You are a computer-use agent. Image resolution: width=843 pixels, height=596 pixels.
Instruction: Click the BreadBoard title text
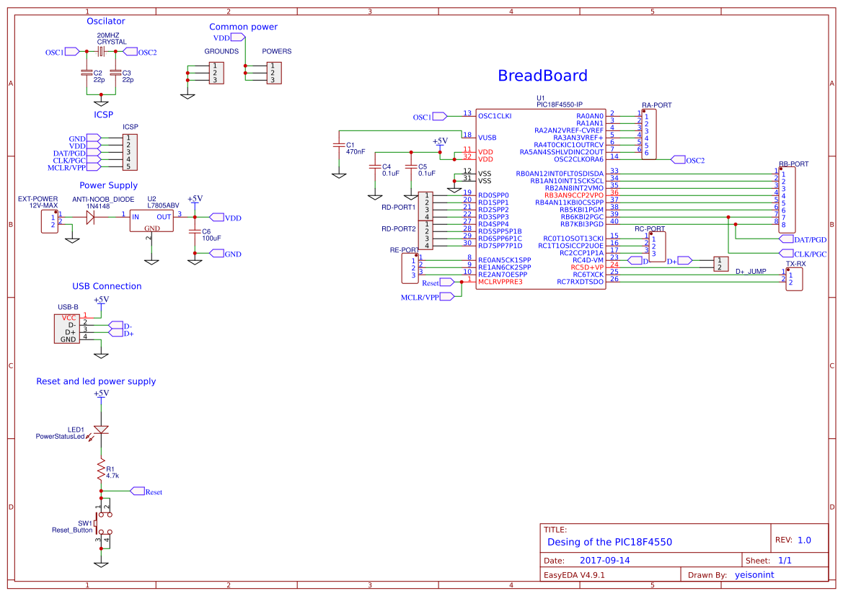pos(542,76)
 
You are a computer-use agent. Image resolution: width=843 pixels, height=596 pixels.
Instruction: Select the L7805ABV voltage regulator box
pos(151,221)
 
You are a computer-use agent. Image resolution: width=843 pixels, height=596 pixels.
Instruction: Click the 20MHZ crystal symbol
pos(102,51)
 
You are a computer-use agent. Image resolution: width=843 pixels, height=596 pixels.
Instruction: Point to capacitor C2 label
pos(98,73)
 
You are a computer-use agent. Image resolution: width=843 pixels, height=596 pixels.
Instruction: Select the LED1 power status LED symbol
pos(102,430)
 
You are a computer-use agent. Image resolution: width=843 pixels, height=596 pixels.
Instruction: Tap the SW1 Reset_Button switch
pos(104,525)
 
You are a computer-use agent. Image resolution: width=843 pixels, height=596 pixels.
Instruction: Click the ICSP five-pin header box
pos(129,152)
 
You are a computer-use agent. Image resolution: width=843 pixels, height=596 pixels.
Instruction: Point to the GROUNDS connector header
pos(215,73)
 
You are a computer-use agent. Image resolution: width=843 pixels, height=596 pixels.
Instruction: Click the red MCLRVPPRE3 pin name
pos(500,281)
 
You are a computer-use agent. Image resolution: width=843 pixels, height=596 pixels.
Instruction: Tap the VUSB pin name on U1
pos(487,137)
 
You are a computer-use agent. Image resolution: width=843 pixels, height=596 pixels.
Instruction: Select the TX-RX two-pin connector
pos(794,279)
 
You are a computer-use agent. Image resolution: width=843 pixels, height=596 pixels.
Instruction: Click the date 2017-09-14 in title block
pos(604,560)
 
